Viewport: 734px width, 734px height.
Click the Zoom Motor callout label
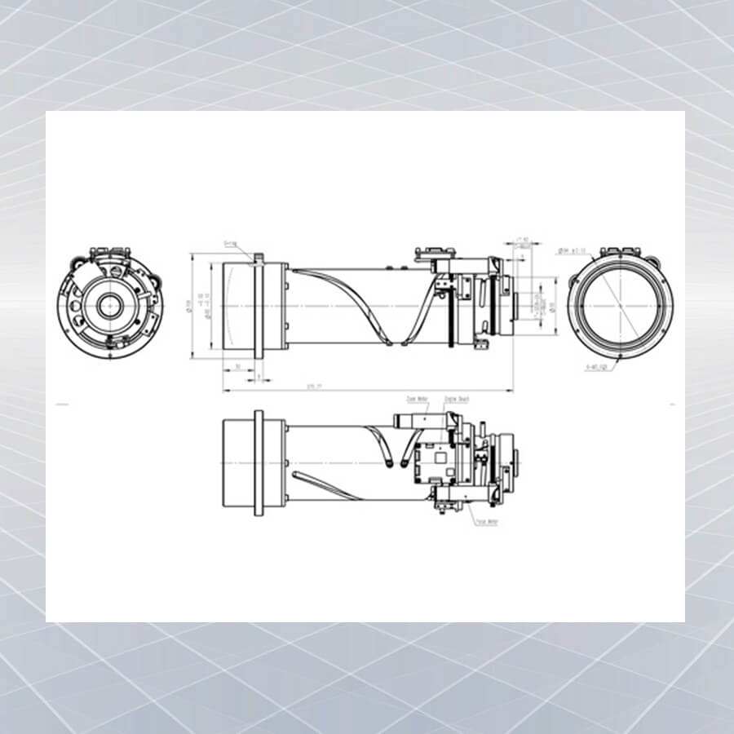click(417, 399)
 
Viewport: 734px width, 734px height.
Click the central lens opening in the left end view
click(108, 305)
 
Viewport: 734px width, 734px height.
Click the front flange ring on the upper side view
click(259, 307)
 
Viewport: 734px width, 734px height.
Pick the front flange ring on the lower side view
click(259, 463)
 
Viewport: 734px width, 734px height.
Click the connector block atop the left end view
click(108, 252)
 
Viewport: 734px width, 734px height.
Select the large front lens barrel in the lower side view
click(238, 463)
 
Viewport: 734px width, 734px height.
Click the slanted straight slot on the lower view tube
click(322, 484)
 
